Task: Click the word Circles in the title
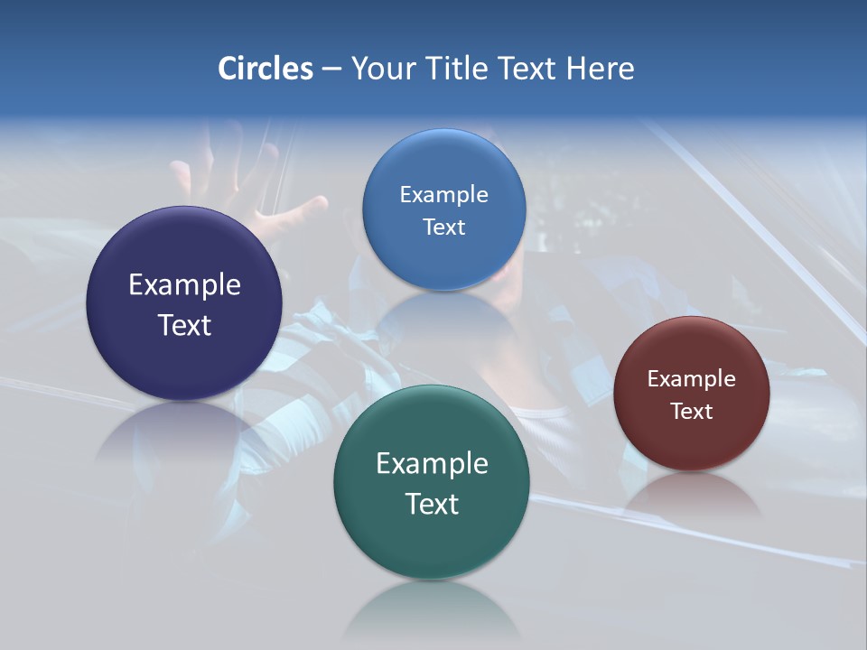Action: click(265, 69)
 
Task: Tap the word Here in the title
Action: click(600, 69)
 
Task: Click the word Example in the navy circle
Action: click(184, 285)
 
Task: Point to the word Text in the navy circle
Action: click(184, 325)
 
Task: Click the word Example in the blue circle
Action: click(443, 195)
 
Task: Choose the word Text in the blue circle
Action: click(443, 227)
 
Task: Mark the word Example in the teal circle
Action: click(432, 464)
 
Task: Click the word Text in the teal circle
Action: click(432, 504)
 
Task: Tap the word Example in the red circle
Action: click(692, 379)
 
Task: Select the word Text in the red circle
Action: click(692, 412)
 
